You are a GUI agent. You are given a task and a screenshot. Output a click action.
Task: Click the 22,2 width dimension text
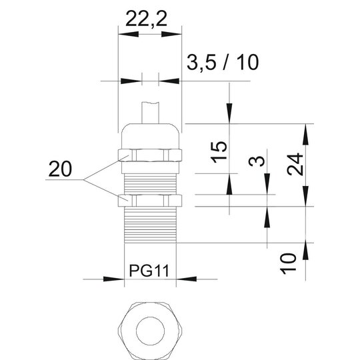tap(146, 19)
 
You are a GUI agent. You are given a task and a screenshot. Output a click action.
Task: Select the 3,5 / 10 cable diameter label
tap(223, 63)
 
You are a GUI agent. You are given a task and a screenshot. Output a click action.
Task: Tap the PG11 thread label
tap(149, 271)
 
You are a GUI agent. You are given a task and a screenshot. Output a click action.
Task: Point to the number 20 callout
tap(60, 169)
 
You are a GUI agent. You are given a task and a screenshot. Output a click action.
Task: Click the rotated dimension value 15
tap(219, 152)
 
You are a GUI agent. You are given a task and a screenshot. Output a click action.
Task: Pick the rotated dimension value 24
tap(295, 164)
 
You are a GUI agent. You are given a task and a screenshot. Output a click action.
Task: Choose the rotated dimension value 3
tap(257, 161)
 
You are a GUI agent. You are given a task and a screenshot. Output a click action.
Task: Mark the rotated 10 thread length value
tap(288, 263)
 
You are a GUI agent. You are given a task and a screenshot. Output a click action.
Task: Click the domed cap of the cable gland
tap(150, 137)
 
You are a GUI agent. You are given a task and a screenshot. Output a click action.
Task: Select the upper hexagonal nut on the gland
tap(150, 155)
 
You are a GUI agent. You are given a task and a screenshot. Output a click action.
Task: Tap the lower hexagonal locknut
tap(150, 201)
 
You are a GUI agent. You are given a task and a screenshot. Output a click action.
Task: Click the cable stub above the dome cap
tap(150, 113)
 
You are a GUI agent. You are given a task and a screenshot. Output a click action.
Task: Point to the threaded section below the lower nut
tap(150, 225)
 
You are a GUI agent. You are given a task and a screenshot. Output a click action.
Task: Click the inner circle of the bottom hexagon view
tap(151, 331)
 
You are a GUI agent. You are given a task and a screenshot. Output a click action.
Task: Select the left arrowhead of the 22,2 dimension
tap(129, 34)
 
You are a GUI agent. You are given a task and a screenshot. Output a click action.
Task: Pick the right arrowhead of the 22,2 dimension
tap(171, 34)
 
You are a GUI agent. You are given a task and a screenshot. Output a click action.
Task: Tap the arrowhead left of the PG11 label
tap(114, 279)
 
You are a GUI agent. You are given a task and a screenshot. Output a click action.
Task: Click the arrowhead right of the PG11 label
tap(187, 279)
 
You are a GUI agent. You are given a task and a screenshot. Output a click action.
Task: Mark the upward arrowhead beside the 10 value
tap(305, 250)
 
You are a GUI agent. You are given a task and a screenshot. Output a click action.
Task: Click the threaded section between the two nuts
tap(150, 184)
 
